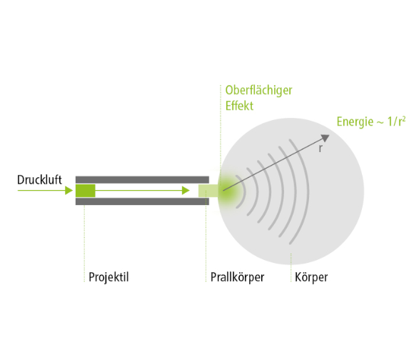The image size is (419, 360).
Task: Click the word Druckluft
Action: (x=39, y=180)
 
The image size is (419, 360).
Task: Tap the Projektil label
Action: (x=108, y=277)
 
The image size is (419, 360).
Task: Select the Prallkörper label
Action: (x=237, y=277)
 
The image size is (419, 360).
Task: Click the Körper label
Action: (x=311, y=277)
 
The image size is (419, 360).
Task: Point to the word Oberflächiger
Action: (x=258, y=91)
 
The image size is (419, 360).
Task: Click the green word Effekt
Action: (x=239, y=106)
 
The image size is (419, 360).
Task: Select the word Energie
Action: (x=355, y=122)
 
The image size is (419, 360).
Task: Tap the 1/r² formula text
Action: (x=397, y=121)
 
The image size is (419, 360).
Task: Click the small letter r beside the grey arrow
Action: (x=320, y=149)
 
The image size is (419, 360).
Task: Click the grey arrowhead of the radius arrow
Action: (x=325, y=138)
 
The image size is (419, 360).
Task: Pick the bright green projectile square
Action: (x=85, y=191)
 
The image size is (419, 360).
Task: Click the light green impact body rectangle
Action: (x=208, y=191)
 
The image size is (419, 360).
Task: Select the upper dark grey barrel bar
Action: (x=142, y=179)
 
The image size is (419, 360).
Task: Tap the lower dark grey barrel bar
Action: (x=142, y=201)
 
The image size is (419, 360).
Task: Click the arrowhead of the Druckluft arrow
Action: (x=69, y=191)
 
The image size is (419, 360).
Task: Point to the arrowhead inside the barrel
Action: (x=186, y=191)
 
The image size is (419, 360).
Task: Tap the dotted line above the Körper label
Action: (x=291, y=267)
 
